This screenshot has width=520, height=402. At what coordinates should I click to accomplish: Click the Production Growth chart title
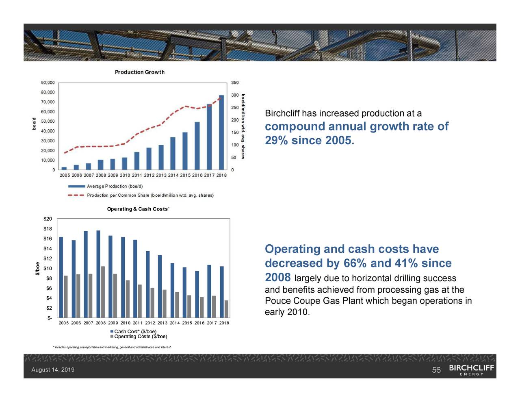click(x=139, y=72)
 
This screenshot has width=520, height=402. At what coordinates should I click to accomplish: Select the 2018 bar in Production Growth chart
click(x=221, y=132)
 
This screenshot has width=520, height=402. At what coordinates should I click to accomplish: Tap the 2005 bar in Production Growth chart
click(x=64, y=168)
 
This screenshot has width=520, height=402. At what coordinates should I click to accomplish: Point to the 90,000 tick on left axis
click(x=48, y=83)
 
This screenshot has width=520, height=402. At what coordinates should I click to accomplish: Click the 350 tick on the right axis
click(x=235, y=83)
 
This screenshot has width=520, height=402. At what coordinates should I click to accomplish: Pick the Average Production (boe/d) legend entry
click(x=114, y=186)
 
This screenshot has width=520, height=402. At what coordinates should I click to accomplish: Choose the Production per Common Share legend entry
click(x=149, y=196)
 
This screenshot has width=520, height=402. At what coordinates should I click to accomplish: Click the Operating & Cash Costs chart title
click(x=138, y=209)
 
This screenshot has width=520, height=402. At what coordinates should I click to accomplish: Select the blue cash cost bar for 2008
click(x=98, y=274)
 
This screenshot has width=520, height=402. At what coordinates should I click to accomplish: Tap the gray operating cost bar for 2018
click(x=226, y=309)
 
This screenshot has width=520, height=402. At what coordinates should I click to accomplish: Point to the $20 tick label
click(x=48, y=219)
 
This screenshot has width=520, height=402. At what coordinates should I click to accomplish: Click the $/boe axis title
click(x=37, y=268)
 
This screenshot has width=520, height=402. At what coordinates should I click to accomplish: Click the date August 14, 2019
click(x=53, y=370)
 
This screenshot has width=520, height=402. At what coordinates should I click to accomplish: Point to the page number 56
click(x=436, y=370)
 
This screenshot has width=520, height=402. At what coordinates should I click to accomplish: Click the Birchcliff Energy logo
click(x=471, y=370)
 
